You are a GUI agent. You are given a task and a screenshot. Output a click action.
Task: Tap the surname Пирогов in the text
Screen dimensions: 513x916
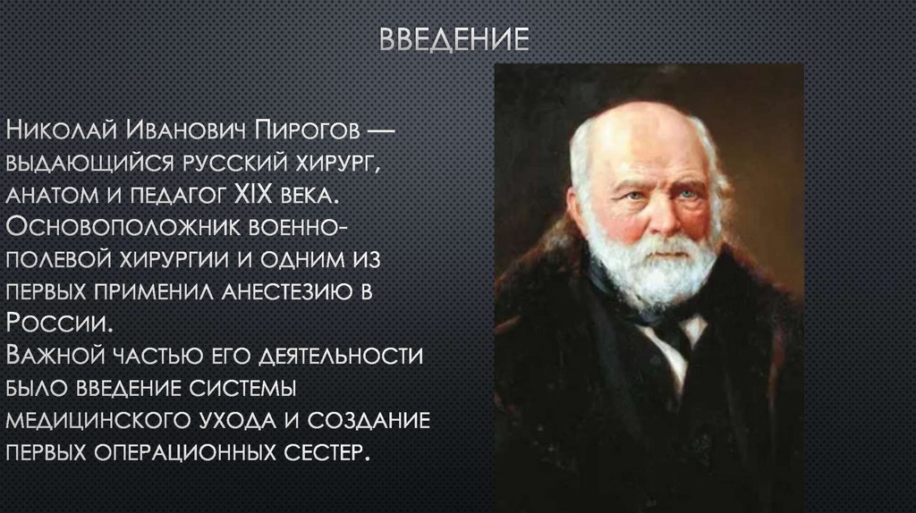coord(309,132)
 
